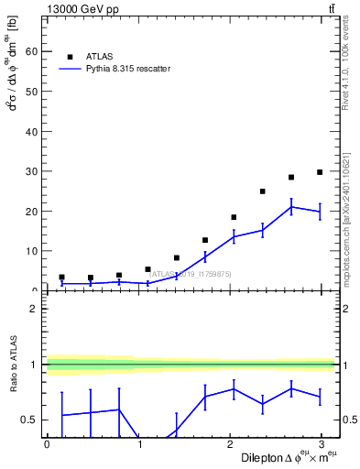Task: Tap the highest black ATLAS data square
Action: click(320, 172)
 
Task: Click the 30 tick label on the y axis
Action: click(31, 171)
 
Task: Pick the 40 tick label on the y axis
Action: click(31, 132)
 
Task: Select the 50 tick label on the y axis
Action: click(31, 92)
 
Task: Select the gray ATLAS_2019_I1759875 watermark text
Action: click(191, 273)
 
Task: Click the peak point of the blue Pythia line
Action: click(291, 207)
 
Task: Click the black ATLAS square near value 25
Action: click(263, 191)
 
